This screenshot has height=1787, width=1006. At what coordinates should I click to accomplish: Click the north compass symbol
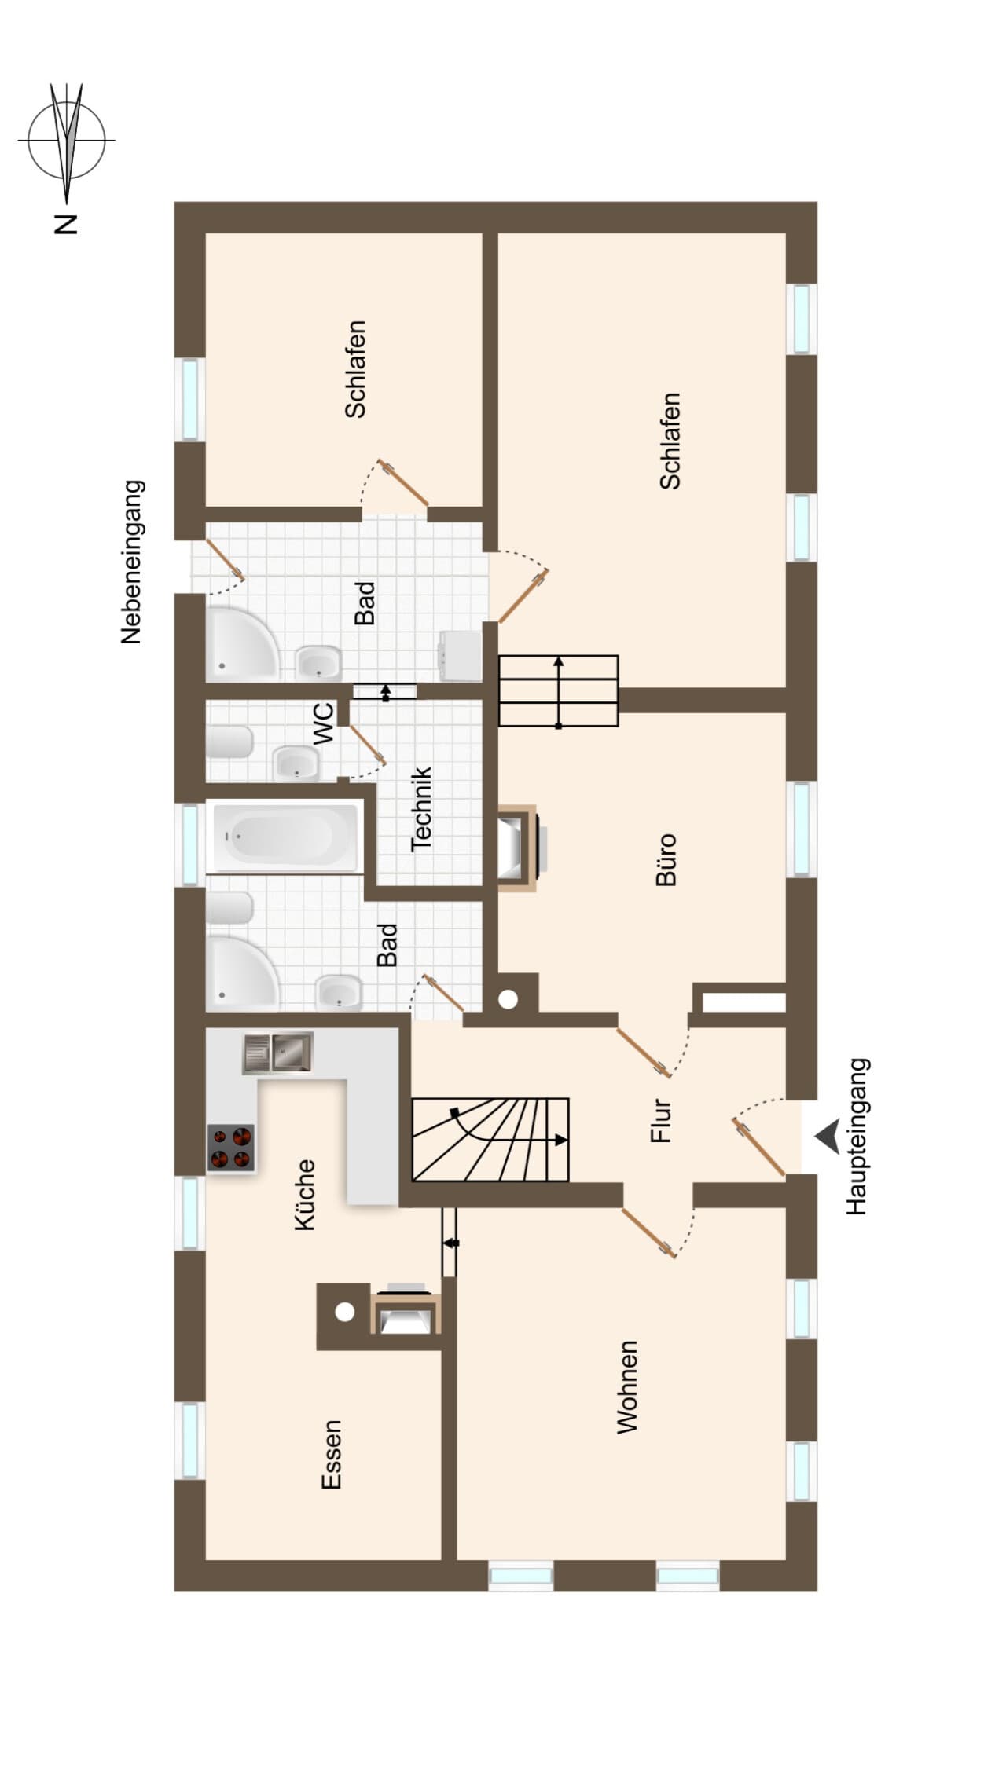click(67, 141)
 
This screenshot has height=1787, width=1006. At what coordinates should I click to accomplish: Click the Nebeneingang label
click(131, 562)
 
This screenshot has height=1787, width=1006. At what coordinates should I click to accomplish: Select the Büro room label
click(666, 860)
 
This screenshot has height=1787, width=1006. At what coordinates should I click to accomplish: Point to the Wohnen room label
click(626, 1387)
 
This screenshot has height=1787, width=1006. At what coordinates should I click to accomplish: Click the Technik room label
click(422, 808)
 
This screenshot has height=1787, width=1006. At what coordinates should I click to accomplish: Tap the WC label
click(323, 723)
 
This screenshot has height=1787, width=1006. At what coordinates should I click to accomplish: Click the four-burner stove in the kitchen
click(232, 1148)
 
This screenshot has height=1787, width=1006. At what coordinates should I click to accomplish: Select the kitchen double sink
click(277, 1053)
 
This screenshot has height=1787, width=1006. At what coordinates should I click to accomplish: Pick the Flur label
click(661, 1121)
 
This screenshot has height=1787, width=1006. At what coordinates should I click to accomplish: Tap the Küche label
click(304, 1194)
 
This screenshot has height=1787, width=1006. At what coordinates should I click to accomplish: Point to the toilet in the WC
click(229, 741)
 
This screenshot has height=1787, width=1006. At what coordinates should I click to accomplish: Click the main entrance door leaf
click(759, 1148)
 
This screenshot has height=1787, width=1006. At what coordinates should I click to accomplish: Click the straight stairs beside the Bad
click(559, 691)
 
